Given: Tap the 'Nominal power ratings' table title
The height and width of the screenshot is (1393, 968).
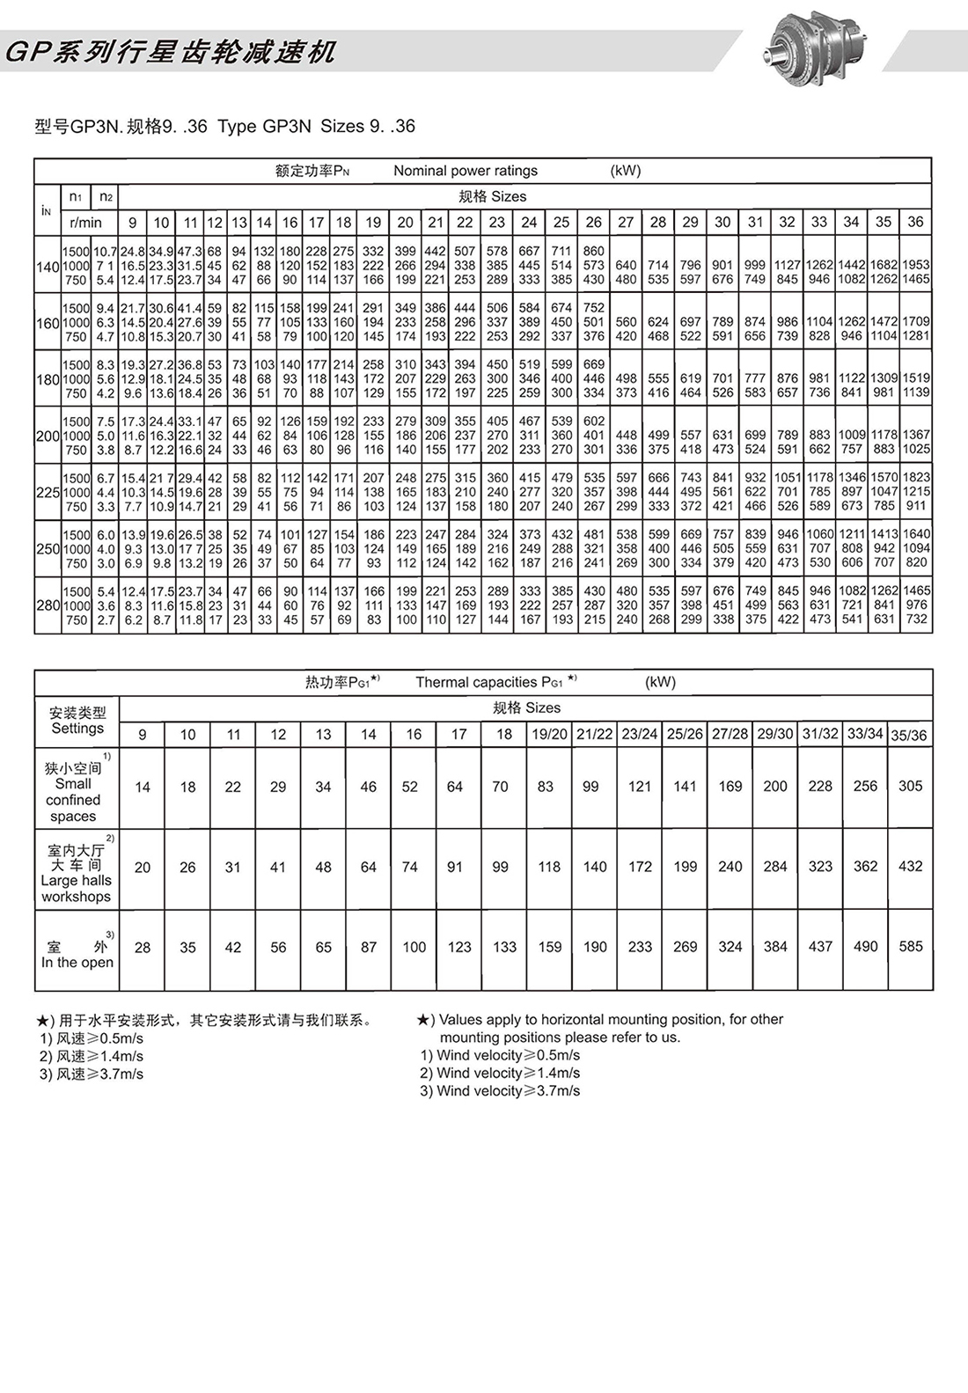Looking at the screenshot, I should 465,171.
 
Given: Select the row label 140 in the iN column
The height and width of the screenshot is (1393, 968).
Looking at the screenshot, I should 47,266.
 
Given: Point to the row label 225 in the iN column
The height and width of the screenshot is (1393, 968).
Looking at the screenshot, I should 47,492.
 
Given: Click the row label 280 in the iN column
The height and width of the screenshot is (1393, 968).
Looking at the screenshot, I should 47,605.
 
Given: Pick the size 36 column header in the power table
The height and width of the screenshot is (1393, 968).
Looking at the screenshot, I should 915,222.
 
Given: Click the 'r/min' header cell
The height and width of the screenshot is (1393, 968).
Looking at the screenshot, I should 85,223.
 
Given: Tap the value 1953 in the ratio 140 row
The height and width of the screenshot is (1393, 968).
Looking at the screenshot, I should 915,265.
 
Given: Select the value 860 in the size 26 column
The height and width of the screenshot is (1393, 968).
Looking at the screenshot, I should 594,251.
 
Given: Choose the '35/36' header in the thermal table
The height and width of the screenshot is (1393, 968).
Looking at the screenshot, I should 908,735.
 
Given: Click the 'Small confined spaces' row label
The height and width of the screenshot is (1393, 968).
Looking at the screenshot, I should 75,792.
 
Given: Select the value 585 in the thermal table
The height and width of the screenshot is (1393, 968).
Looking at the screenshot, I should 911,947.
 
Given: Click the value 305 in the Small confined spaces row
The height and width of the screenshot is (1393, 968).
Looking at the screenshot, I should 911,786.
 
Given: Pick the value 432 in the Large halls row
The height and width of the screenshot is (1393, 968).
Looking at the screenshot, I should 911,866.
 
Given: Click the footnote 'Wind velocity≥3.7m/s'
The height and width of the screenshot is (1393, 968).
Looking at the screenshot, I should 500,1091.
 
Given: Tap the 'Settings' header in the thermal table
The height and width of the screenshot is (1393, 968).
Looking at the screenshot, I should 77,728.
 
